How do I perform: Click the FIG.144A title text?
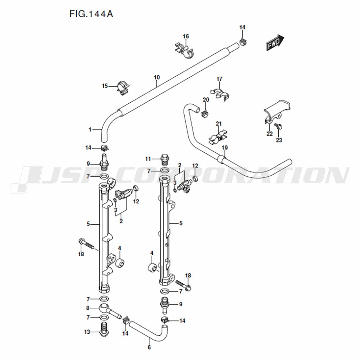[x=91, y=14]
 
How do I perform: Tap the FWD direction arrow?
[x=275, y=42]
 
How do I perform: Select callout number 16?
[x=186, y=36]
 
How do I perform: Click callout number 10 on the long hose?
[x=157, y=77]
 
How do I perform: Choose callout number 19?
[x=225, y=148]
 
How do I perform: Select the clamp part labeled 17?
[x=220, y=93]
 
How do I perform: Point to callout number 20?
[x=206, y=100]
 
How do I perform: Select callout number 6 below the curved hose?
[x=149, y=347]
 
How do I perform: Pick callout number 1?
[x=90, y=130]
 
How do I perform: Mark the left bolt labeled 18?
[x=86, y=244]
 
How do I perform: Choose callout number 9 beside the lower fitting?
[x=181, y=304]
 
